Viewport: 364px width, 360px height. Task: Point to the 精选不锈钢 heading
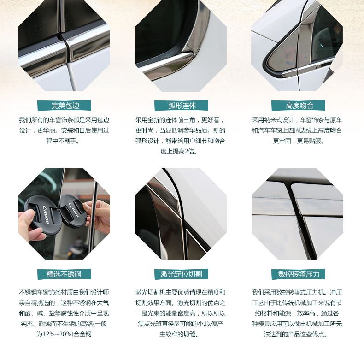pos(65,274)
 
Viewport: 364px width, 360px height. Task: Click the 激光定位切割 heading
pos(181,274)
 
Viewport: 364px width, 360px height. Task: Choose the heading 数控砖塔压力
pos(298,274)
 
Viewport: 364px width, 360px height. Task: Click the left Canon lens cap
pos(43,214)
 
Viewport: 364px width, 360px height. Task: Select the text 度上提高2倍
pos(179,152)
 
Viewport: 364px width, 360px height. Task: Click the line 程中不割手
pos(63,141)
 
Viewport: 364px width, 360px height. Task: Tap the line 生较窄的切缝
pos(179,334)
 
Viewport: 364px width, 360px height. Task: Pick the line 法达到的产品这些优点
pos(295,334)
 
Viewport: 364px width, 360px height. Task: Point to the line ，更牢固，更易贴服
pos(296,141)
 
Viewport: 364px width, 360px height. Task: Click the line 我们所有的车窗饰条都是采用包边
pos(64,120)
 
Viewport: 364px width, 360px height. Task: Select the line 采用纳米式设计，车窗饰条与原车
pos(297,120)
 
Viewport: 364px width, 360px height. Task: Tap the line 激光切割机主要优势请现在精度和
pos(180,292)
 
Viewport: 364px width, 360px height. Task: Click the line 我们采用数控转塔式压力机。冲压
pos(297,292)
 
